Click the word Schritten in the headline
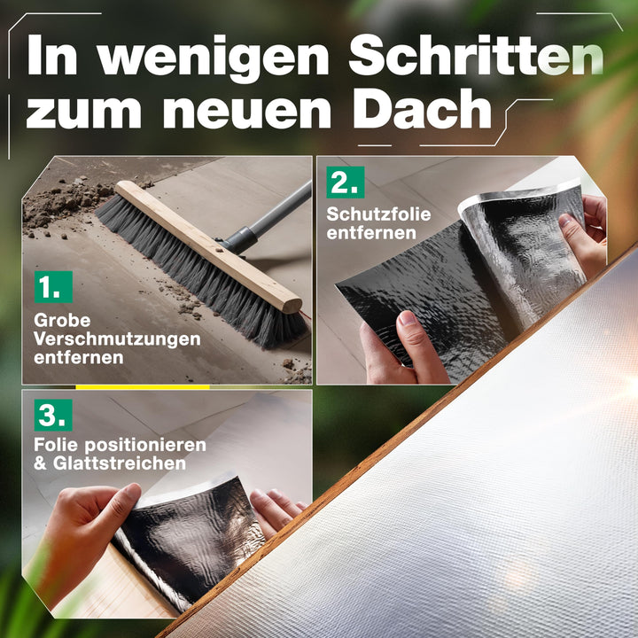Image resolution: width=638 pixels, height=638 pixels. (476, 55)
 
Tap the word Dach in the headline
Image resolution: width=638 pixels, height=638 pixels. (423, 109)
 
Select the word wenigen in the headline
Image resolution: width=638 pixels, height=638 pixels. (213, 59)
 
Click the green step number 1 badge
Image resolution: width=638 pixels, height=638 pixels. (53, 287)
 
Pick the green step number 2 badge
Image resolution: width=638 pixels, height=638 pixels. (346, 183)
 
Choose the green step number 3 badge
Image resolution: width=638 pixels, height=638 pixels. (53, 415)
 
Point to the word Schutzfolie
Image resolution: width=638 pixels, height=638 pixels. (378, 214)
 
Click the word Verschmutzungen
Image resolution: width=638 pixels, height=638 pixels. (117, 339)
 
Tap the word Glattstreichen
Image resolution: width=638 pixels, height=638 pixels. (120, 463)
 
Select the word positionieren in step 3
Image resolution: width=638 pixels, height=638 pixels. (145, 445)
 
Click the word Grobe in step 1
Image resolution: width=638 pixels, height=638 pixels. (62, 320)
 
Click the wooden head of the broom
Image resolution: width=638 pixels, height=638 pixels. (207, 246)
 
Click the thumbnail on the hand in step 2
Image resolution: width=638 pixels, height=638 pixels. (408, 318)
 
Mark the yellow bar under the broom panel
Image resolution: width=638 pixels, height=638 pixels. (143, 387)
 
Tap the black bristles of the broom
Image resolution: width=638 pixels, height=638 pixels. (199, 273)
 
